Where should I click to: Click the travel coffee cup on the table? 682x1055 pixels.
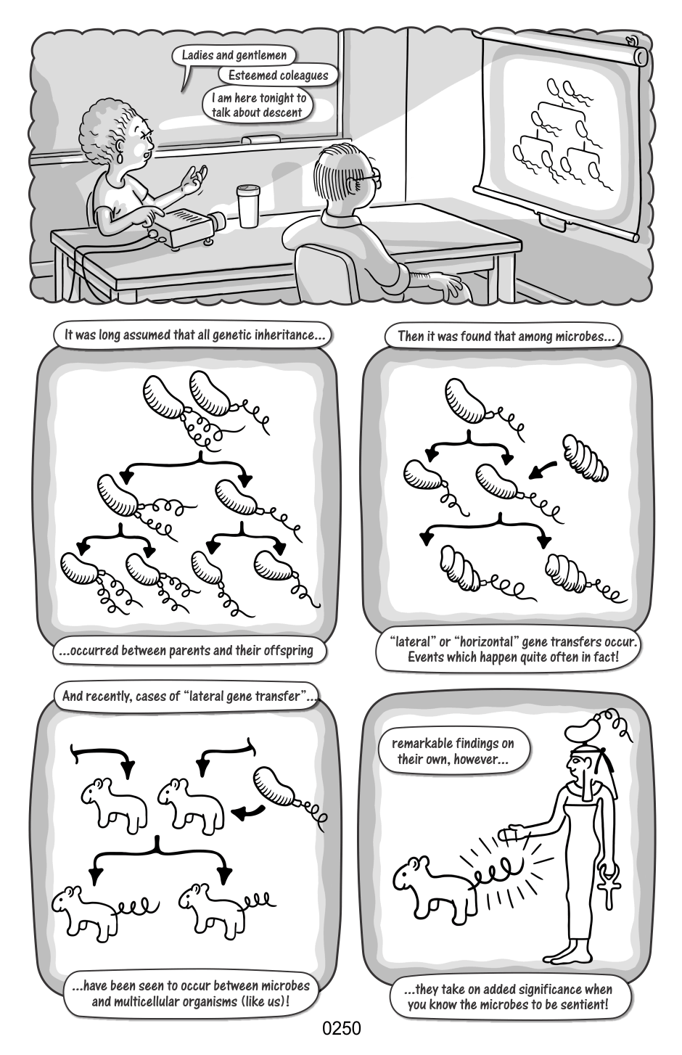[248, 206]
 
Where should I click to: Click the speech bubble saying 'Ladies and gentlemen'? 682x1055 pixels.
[234, 56]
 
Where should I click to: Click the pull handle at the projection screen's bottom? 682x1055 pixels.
[551, 221]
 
